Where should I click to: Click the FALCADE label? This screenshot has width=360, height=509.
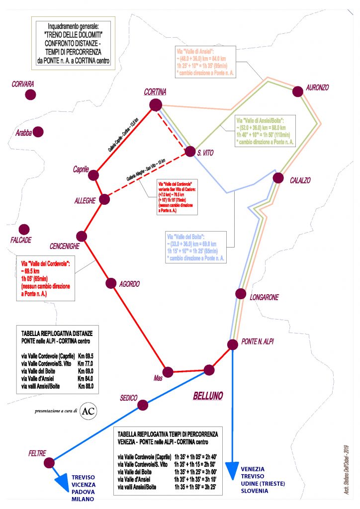[x=20, y=240]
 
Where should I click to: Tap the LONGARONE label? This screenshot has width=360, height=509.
[x=264, y=297]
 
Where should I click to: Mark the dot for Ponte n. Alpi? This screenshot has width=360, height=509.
[x=232, y=344]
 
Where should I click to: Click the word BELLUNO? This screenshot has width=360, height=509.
[x=208, y=396]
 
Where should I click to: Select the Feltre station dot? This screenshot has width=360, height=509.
[x=49, y=463]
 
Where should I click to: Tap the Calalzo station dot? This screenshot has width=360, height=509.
[x=279, y=178]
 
